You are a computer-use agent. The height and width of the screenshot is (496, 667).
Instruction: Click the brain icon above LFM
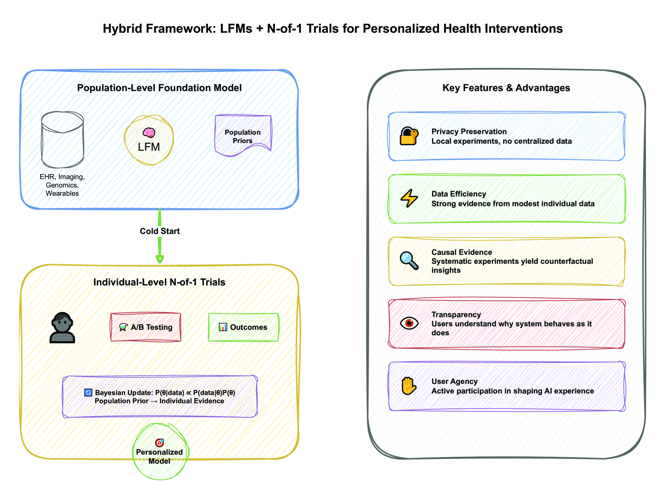149,133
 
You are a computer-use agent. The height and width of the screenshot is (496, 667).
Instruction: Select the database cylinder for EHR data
62,140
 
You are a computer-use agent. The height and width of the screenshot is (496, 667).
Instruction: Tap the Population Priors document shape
243,135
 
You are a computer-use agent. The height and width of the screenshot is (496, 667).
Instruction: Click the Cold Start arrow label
159,231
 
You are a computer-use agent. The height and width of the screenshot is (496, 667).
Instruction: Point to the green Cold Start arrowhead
160,259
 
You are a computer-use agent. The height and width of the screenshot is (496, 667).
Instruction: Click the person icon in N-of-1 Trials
62,327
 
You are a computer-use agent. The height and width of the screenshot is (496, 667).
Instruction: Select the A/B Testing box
146,327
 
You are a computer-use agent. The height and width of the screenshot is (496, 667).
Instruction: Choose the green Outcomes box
243,327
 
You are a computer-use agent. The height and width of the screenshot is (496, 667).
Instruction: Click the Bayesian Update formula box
160,397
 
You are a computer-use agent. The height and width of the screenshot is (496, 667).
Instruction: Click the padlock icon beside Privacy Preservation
409,136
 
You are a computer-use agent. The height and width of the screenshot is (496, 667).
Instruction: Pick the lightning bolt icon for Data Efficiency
409,198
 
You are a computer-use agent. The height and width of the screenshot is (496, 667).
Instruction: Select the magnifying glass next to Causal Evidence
409,261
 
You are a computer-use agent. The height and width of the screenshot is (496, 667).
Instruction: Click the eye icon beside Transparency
409,323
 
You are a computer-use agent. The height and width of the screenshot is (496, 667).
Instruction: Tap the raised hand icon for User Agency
409,386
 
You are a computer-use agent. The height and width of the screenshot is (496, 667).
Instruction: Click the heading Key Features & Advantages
506,88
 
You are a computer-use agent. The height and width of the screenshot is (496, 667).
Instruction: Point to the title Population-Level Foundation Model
159,88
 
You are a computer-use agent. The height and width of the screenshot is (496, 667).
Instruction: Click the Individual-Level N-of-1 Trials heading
159,282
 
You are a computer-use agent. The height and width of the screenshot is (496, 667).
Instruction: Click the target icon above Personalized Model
159,442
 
